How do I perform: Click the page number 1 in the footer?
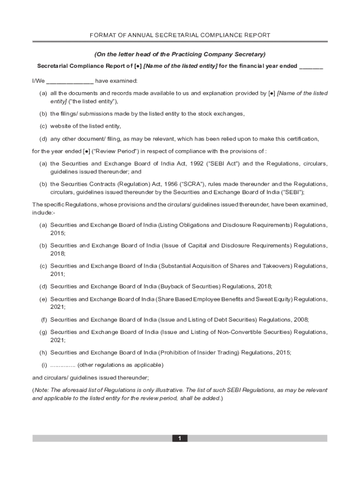click(180, 438)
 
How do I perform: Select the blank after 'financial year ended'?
click(311, 66)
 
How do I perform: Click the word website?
click(61, 126)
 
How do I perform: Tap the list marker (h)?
click(43, 352)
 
